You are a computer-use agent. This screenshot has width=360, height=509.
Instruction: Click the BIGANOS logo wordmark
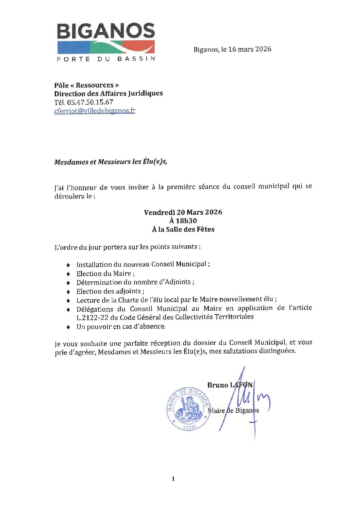[106, 31]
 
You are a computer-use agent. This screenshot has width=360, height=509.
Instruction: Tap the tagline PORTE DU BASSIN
[106, 59]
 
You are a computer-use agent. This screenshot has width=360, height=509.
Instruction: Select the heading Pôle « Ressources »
[86, 85]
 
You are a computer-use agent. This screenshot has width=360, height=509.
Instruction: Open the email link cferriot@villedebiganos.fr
[95, 111]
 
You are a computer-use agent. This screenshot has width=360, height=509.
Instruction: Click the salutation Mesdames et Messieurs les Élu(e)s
[111, 162]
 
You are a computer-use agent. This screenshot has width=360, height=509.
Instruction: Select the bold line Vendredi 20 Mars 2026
[183, 212]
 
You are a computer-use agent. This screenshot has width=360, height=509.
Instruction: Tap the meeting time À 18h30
[183, 221]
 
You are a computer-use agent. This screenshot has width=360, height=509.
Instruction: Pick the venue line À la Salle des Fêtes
[183, 229]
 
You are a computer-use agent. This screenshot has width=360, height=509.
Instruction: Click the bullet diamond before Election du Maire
[68, 274]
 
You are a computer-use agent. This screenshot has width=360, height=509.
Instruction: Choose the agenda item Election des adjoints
[110, 291]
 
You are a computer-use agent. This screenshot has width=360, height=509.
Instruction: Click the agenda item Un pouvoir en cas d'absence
[121, 327]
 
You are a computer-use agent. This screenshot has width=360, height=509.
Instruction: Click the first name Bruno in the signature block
[218, 385]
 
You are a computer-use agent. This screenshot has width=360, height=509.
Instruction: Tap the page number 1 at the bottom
[173, 479]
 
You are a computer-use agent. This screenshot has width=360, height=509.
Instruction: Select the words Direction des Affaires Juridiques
[108, 93]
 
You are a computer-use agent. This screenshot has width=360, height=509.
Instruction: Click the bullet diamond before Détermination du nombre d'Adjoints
[68, 283]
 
